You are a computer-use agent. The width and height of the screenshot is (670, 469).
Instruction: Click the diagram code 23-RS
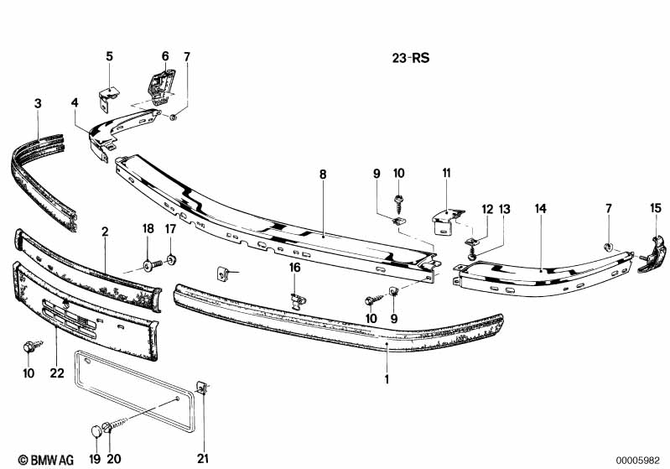pos(411,58)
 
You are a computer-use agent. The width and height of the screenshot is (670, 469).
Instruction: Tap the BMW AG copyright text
pos(46,460)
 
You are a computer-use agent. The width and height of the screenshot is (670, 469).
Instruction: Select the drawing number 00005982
pos(637,461)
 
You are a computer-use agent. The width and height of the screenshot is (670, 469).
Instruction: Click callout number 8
pos(323,175)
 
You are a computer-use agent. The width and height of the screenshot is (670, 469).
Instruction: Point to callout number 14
pos(541,209)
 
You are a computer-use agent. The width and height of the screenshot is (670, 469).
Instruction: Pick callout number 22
pos(57,373)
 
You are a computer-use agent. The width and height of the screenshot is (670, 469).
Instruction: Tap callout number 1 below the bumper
pos(387,379)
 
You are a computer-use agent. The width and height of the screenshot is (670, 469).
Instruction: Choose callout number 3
pos(38,103)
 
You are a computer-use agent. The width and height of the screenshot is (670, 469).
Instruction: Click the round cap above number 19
pos(97,430)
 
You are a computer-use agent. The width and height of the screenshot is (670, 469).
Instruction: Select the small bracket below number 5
pos(108,98)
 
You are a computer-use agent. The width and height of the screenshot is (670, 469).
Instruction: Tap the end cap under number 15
pos(652,255)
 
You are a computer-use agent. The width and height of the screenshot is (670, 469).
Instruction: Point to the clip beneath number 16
pos(298,300)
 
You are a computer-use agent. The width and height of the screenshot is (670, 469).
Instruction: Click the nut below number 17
pos(172,259)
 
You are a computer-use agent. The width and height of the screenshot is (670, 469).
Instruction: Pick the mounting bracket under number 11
pos(447,221)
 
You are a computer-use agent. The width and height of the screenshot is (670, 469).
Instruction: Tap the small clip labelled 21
pos(203,387)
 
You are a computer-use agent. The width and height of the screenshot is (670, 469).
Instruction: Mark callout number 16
pos(295,268)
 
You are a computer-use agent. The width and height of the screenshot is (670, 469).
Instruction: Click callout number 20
pos(114,459)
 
